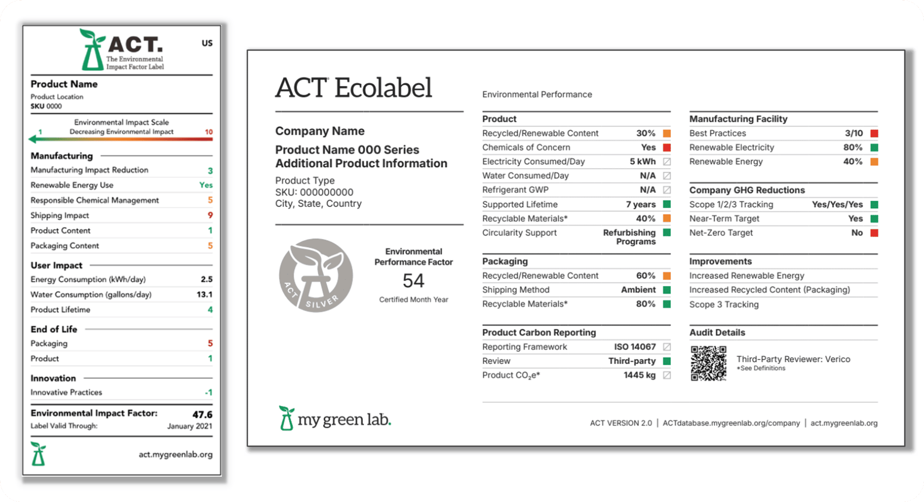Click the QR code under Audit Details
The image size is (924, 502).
[709, 363]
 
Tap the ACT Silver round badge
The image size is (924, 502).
[316, 275]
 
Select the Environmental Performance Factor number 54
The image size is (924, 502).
[413, 280]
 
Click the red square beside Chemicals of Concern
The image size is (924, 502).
[667, 147]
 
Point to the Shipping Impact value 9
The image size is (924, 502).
[210, 215]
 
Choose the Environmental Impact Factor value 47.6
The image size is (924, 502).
[202, 414]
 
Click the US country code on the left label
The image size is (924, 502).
[207, 43]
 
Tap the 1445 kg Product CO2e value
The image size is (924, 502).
[639, 375]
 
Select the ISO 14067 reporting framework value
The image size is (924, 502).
[634, 347]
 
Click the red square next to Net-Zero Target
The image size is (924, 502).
[874, 233]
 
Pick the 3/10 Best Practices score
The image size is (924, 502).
[854, 133]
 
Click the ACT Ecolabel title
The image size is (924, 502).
[354, 88]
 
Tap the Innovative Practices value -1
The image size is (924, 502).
[209, 392]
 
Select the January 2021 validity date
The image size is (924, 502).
[189, 426]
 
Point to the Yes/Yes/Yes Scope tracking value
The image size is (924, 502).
[837, 204]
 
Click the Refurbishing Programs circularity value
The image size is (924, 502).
[629, 237]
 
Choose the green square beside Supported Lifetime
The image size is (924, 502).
[667, 204]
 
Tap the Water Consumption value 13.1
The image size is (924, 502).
[204, 294]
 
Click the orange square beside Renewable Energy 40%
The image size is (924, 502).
[874, 162]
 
